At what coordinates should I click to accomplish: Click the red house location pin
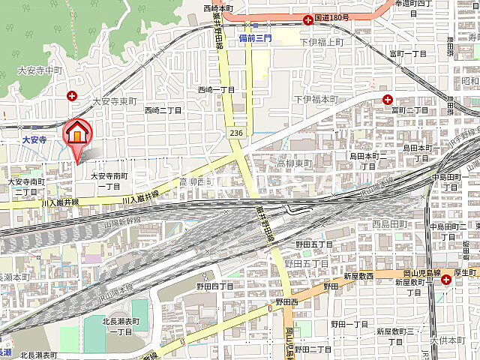pos(77,135)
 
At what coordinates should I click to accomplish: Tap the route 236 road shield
pos(236,132)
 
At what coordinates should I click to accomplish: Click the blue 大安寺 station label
pos(34,139)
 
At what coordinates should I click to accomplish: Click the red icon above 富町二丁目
pos(388,100)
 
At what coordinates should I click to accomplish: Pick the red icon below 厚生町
pos(447,280)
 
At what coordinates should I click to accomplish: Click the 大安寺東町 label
pos(115,100)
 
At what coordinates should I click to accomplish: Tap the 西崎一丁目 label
pos(216,89)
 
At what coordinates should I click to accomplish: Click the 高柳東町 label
pos(294,163)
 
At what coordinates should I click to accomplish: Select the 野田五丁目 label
pos(313,244)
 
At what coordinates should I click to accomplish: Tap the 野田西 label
pos(286,301)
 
